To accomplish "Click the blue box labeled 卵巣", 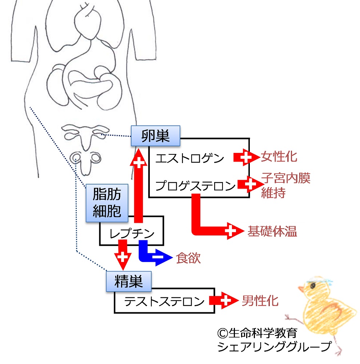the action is coord(155,136).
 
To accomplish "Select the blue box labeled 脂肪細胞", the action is coord(107,203).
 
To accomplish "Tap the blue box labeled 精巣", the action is coord(129,281).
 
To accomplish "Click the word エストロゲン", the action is coord(189,158).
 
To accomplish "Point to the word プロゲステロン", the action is coord(195,186).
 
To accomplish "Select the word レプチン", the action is coord(132,233).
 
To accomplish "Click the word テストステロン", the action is coord(164,301).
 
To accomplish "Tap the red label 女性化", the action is coord(279,157).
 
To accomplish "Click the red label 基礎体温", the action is coord(272,231).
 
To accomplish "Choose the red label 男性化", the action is coord(260,301).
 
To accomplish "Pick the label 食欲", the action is coord(188,258).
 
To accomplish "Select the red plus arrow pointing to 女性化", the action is coord(246,157).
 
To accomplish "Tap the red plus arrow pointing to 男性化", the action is coord(224,300).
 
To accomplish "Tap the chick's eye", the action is coord(313,285).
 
